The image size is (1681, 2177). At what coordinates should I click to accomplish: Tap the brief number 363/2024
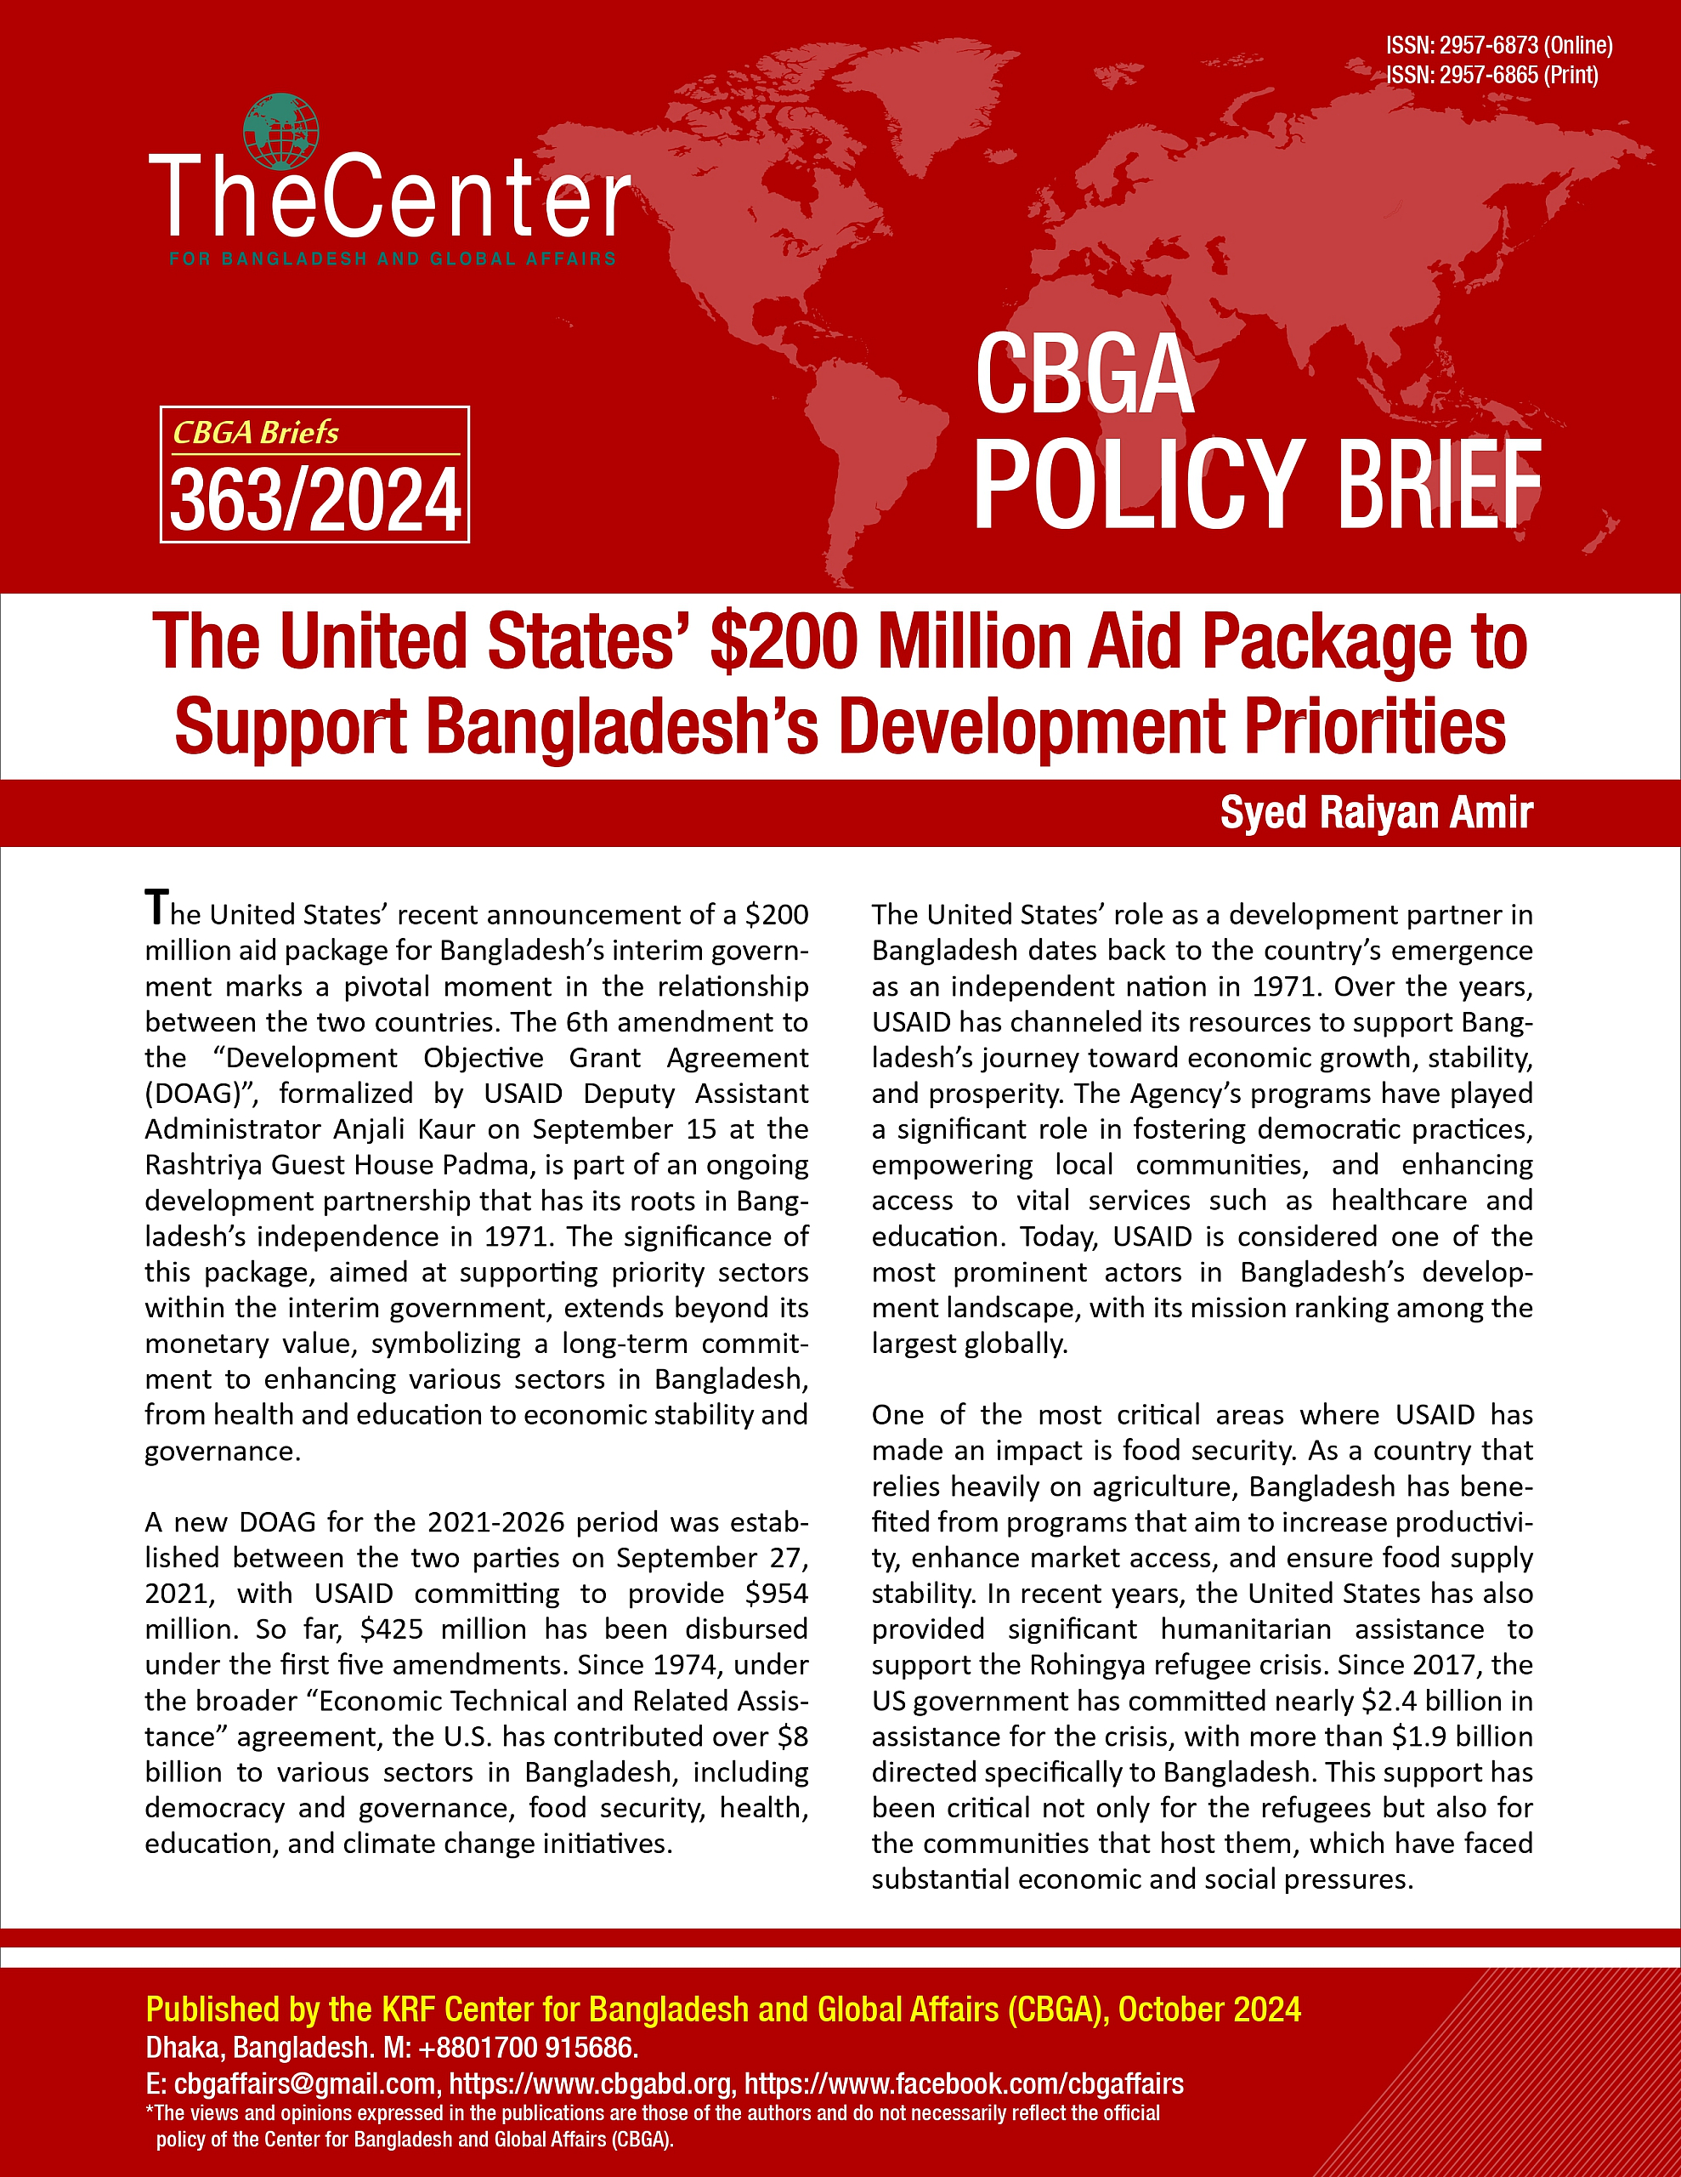click(315, 500)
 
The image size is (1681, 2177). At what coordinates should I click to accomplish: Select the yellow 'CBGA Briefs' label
click(256, 433)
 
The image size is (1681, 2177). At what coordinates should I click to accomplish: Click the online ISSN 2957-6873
click(1498, 45)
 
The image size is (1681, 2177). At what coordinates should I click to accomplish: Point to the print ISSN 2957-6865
click(1491, 75)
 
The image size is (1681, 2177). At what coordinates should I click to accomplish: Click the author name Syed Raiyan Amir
click(1376, 813)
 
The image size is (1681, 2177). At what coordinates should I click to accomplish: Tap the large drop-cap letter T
click(156, 907)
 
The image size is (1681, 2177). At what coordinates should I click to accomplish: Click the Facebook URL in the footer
click(964, 2084)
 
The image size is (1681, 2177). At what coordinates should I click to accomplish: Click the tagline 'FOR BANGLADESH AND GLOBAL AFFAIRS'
click(393, 259)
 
